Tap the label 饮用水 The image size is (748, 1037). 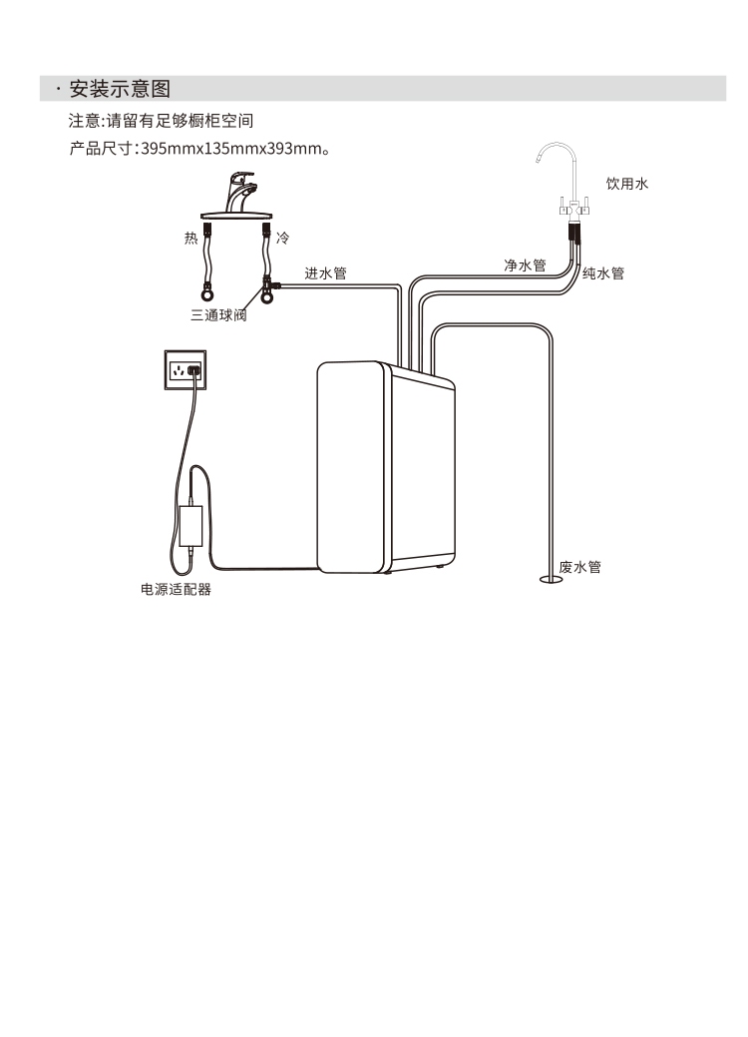pos(627,184)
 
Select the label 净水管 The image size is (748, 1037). pos(525,264)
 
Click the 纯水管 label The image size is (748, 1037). pos(603,272)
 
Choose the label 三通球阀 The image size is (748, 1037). pos(217,315)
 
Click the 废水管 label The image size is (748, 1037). pos(579,566)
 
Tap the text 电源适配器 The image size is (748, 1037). pos(176,590)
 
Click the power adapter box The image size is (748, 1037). pos(190,525)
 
